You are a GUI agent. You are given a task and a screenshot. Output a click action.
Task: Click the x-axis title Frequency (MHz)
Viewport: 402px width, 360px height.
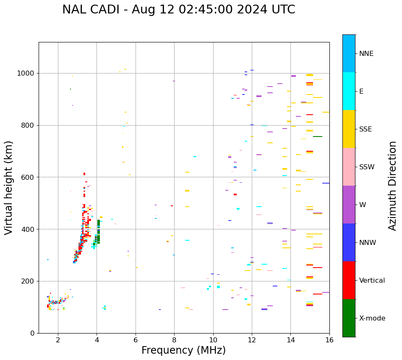point(183,350)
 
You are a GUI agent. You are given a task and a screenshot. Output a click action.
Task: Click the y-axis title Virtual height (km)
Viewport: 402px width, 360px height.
point(9,187)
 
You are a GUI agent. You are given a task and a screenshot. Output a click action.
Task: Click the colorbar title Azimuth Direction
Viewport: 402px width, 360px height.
point(392,186)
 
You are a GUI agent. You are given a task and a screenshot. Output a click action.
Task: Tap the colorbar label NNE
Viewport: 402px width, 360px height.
point(366,54)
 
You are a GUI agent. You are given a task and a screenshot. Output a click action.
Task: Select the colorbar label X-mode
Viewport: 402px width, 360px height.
point(372,318)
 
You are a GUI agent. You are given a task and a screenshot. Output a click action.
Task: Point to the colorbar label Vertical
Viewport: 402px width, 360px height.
point(372,281)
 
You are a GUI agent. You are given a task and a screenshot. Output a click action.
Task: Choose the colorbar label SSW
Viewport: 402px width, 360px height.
point(366,167)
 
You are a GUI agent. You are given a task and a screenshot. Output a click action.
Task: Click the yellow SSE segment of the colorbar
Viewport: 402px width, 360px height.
point(349,129)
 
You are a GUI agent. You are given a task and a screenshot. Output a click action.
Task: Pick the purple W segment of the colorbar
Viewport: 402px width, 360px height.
point(349,205)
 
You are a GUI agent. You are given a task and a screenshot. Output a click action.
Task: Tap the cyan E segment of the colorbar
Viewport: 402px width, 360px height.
point(349,91)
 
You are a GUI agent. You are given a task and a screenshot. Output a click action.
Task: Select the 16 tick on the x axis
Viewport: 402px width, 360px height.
point(329,340)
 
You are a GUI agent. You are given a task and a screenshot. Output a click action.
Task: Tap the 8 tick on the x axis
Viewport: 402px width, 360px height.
point(174,340)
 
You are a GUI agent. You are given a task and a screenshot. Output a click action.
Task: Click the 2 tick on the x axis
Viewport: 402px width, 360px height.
point(58,340)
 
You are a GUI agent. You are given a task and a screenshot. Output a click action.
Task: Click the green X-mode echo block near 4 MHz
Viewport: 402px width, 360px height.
point(99,231)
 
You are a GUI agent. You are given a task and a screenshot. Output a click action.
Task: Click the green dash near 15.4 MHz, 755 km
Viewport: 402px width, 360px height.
point(318,137)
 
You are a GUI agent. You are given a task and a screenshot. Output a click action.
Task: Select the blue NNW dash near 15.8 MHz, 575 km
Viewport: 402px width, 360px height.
point(326,183)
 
